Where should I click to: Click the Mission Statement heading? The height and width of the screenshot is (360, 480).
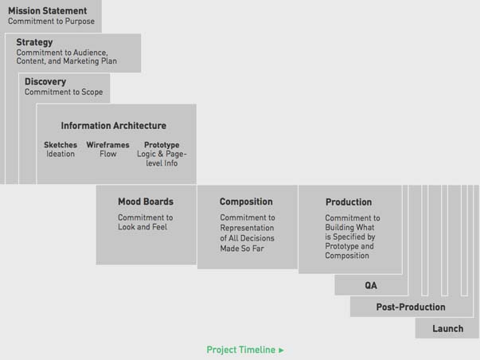(x=48, y=10)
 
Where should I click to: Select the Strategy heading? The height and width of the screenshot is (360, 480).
(x=34, y=42)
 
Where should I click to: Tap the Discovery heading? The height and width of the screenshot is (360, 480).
(x=45, y=81)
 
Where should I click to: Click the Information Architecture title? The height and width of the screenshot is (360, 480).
(x=114, y=126)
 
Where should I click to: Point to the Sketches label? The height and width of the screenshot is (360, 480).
(x=60, y=145)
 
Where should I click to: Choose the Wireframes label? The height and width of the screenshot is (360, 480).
(x=107, y=145)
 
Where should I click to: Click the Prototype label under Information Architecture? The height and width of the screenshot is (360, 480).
(x=162, y=145)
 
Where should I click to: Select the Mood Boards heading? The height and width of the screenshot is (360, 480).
(x=146, y=202)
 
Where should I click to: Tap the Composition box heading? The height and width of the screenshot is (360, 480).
(x=246, y=202)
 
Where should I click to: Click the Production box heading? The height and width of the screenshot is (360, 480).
(x=349, y=202)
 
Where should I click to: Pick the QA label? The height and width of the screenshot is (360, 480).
(x=371, y=286)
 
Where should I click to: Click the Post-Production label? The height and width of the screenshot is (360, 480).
(x=411, y=307)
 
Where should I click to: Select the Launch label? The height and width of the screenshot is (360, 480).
(x=448, y=329)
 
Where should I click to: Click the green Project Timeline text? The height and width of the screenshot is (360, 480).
(x=241, y=350)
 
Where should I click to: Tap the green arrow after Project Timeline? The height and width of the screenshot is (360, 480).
(x=281, y=350)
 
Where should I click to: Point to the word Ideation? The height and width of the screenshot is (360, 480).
(x=60, y=154)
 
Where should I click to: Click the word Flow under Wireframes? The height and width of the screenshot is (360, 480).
(x=108, y=154)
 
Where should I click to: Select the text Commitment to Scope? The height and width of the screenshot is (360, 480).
(x=64, y=92)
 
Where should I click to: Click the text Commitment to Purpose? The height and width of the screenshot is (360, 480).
(x=51, y=22)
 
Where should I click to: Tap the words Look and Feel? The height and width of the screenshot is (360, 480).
(x=142, y=227)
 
